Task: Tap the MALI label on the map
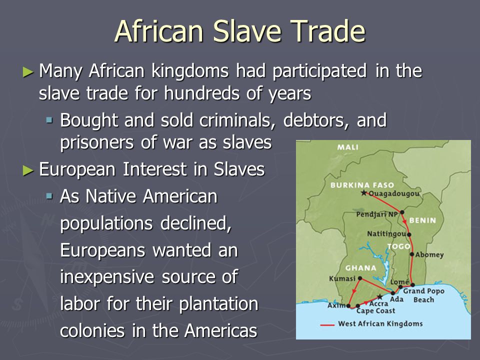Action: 348,147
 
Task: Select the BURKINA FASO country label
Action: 362,185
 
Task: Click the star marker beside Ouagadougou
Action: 363,193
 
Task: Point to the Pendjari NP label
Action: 377,214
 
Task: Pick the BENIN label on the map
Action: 423,220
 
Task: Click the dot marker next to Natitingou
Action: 409,234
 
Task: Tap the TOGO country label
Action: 398,246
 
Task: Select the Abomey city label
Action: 429,254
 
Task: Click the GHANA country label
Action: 360,268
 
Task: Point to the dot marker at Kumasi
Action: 360,278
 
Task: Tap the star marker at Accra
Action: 379,296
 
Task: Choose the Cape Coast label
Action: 375,310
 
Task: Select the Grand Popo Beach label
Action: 423,295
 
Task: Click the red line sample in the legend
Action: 327,324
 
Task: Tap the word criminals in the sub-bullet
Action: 237,120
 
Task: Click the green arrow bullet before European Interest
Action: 28,170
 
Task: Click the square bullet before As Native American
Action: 49,196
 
